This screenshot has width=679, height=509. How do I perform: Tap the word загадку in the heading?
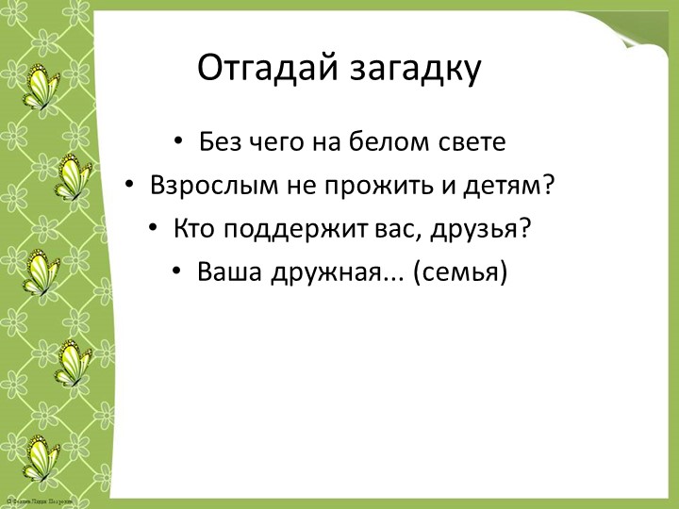click(416, 69)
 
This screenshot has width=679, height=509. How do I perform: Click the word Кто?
click(193, 229)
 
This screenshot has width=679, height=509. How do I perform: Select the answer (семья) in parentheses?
click(459, 272)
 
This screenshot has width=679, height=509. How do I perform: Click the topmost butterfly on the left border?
click(40, 86)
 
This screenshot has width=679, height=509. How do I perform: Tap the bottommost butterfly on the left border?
click(40, 457)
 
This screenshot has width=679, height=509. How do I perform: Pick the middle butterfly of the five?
click(40, 271)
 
